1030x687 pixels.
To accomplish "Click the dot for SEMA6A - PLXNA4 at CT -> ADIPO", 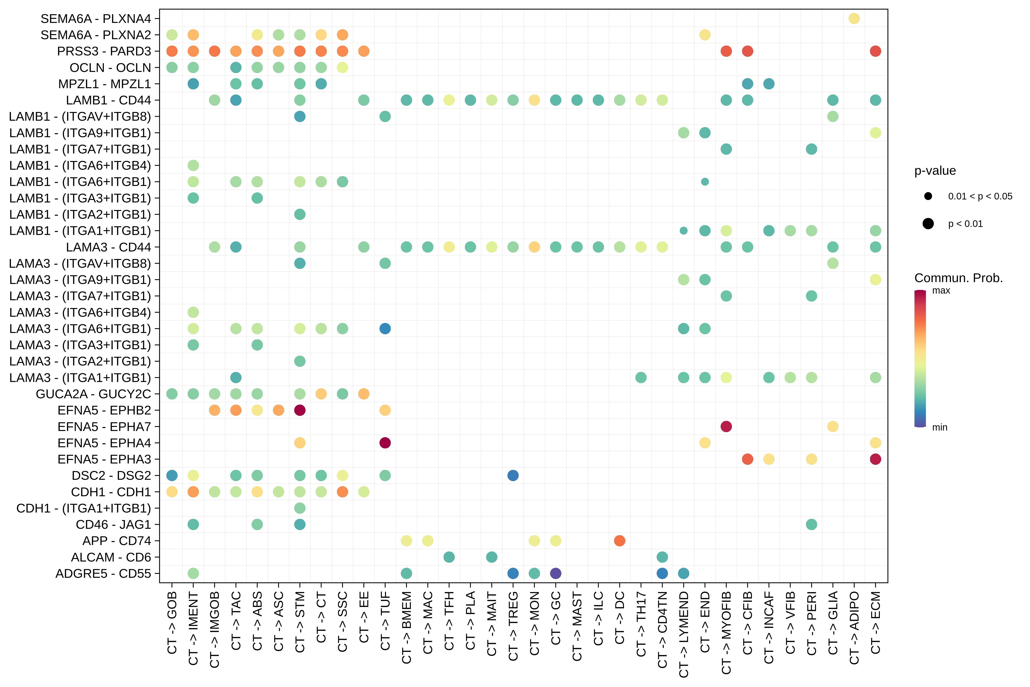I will tap(854, 18).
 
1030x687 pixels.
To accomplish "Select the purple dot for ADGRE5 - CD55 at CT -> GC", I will tap(555, 573).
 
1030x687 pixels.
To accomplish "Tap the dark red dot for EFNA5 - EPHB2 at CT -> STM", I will tap(300, 410).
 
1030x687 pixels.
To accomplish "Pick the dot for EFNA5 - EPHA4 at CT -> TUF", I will tap(385, 443).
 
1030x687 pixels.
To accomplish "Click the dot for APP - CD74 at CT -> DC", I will tap(619, 541).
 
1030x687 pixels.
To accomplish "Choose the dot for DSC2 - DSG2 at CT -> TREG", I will tap(513, 475).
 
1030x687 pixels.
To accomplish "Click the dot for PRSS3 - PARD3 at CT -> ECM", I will tap(875, 51).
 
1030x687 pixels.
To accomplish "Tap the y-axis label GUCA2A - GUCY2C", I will tap(93, 394).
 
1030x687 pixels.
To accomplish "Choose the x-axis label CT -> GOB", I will tap(172, 622).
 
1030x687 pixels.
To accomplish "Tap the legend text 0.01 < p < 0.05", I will tap(980, 196).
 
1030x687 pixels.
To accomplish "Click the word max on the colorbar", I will tap(941, 290).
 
